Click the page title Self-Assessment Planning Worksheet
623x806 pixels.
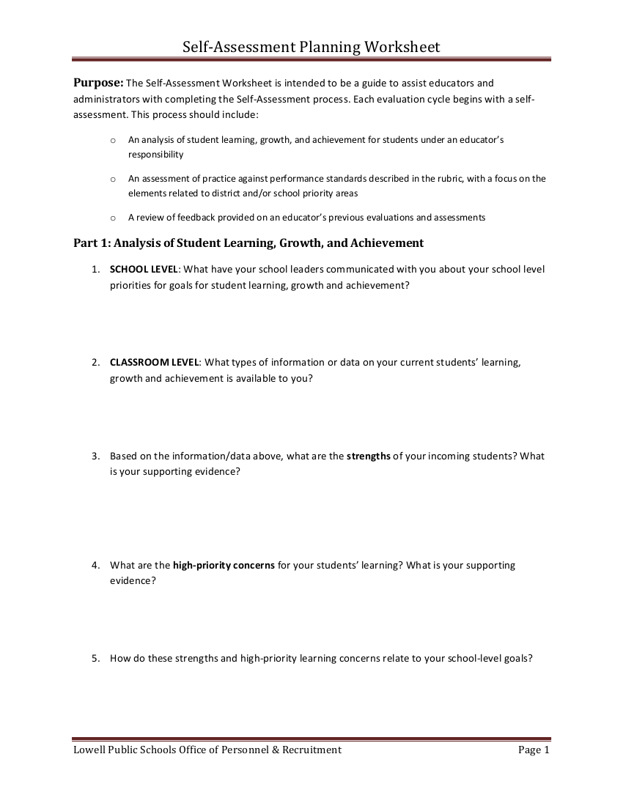(311, 48)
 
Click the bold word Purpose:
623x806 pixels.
(98, 83)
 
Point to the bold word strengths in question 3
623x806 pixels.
(368, 456)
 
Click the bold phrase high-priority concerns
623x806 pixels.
(224, 565)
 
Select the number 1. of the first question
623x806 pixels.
(96, 269)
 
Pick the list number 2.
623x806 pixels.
(96, 362)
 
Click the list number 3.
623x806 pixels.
(96, 456)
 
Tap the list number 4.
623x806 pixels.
(96, 565)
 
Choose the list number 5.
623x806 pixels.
(96, 658)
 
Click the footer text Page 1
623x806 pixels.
(533, 750)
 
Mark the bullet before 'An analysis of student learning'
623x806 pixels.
(112, 139)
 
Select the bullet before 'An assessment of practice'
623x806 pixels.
(112, 179)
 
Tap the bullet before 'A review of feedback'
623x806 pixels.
(112, 218)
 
